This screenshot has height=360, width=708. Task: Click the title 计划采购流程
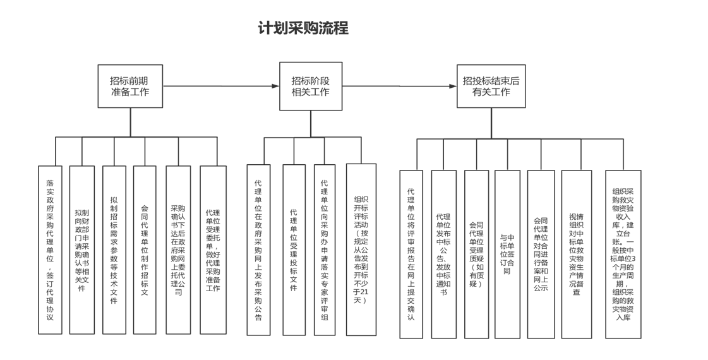(x=303, y=28)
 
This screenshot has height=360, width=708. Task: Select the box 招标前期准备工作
(x=130, y=86)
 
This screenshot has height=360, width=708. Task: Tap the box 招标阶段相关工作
(x=311, y=86)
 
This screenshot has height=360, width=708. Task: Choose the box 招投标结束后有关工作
(x=491, y=86)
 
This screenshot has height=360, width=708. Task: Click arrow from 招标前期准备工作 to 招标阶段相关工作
(x=221, y=86)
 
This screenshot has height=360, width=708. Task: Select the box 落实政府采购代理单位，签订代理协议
(x=50, y=249)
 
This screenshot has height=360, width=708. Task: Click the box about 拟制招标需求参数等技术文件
(x=114, y=249)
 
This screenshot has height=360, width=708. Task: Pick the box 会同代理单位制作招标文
(x=145, y=249)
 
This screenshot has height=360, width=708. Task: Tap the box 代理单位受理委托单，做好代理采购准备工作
(x=213, y=249)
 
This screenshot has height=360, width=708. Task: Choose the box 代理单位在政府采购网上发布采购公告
(x=258, y=249)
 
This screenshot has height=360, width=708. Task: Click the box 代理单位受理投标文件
(x=294, y=249)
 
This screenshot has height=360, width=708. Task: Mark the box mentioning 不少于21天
(x=361, y=249)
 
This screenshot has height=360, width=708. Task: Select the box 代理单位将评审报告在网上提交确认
(x=411, y=254)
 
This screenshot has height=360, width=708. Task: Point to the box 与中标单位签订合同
(x=507, y=254)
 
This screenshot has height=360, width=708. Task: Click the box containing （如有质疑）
(x=476, y=254)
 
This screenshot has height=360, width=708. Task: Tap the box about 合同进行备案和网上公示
(x=541, y=254)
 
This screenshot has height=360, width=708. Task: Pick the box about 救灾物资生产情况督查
(x=576, y=254)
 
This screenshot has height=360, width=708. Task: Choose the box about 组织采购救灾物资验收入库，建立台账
(x=623, y=254)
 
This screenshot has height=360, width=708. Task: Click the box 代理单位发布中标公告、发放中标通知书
(x=443, y=254)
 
